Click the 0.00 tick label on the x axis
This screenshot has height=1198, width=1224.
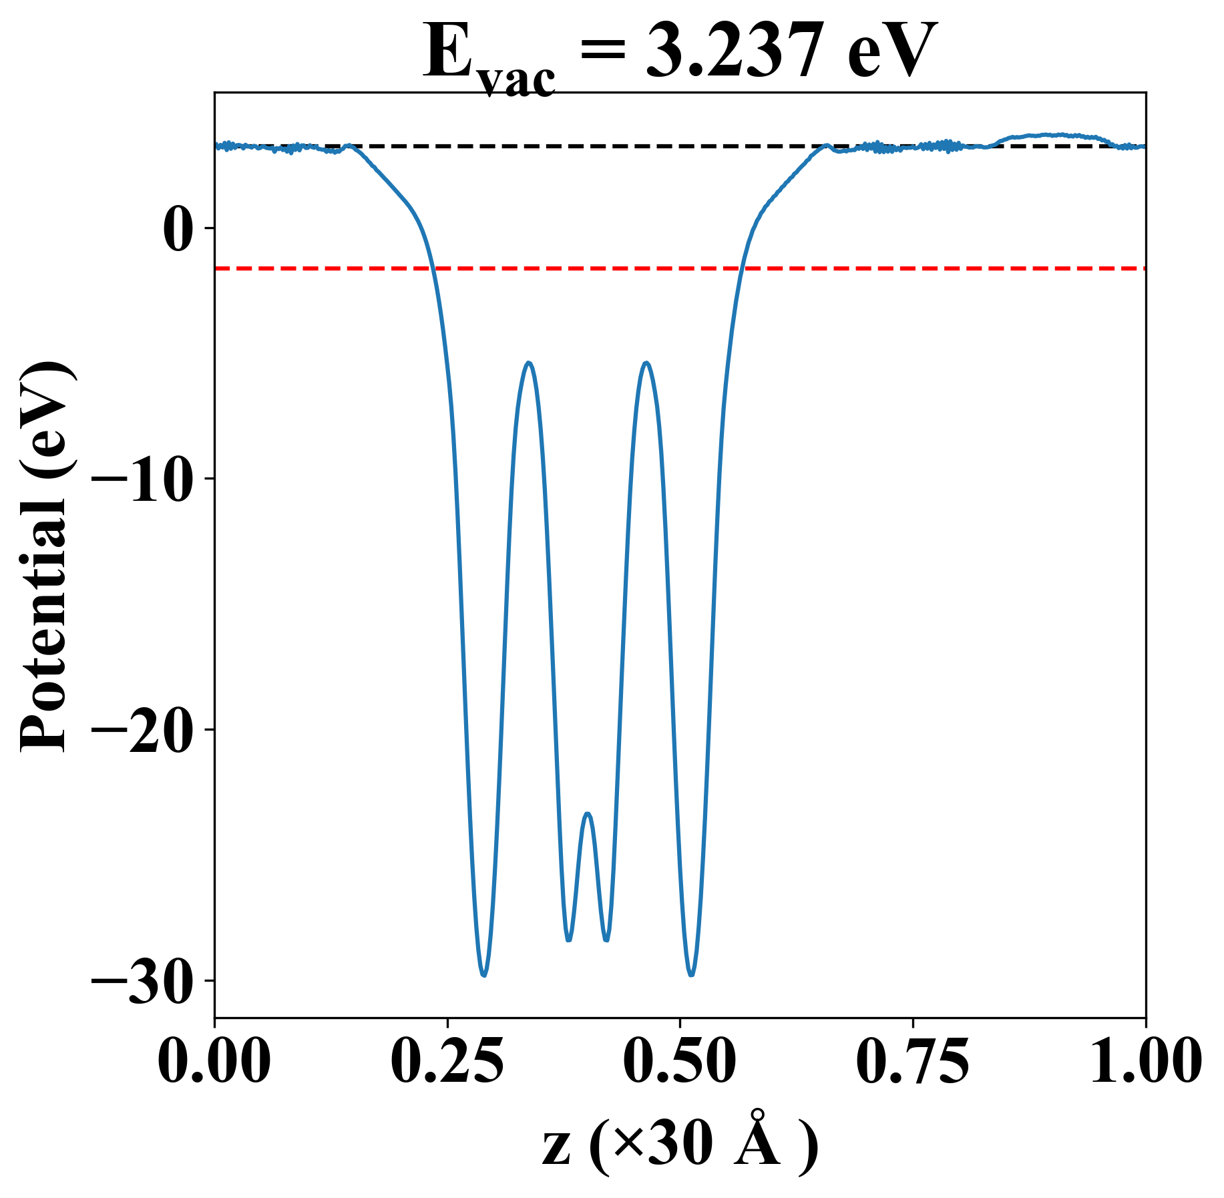tap(215, 1061)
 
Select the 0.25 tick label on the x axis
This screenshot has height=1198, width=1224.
tap(447, 1061)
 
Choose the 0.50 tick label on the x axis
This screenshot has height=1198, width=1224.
tap(680, 1061)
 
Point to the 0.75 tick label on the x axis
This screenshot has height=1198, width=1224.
tap(912, 1061)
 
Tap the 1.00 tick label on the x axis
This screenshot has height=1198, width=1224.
tap(1145, 1061)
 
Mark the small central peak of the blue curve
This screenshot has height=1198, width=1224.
tap(588, 813)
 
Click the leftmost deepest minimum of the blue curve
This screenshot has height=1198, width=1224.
tap(483, 975)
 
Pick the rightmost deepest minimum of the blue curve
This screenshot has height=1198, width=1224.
tap(691, 975)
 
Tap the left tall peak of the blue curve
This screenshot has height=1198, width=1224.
tap(529, 363)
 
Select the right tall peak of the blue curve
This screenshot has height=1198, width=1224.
tap(646, 363)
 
